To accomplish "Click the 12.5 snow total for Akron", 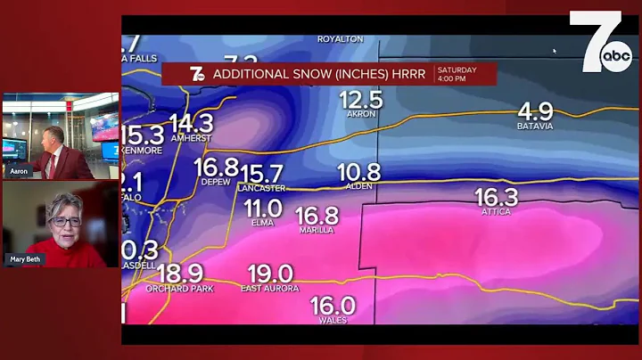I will [361, 100].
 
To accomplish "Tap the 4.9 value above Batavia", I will [535, 111].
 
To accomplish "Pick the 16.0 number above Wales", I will [333, 306].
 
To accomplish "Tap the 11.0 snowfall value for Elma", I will [263, 208].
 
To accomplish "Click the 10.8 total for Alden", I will [359, 172].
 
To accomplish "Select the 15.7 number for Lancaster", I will [261, 174].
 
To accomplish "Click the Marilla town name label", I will [317, 230].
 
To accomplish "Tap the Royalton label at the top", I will [340, 39].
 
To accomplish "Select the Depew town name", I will [216, 181].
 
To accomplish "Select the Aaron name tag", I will [19, 170].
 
